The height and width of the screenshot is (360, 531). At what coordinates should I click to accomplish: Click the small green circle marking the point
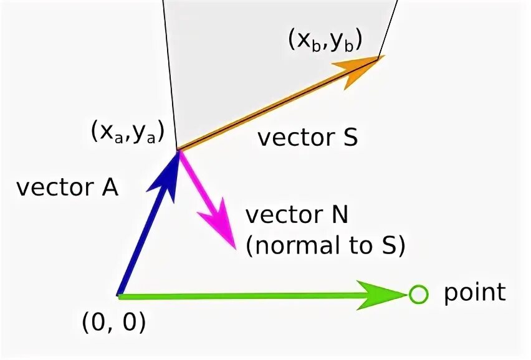[x=419, y=294]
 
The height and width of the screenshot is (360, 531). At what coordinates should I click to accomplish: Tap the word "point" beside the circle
[x=474, y=293]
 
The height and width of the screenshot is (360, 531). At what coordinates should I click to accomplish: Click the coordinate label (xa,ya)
[x=127, y=132]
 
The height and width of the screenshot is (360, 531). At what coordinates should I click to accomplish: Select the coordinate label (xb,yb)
[x=325, y=41]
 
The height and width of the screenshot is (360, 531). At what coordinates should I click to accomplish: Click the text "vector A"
[x=67, y=187]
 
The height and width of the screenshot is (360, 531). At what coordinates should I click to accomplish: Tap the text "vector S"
[x=308, y=137]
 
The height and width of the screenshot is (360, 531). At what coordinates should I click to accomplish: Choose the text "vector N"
[x=297, y=216]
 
